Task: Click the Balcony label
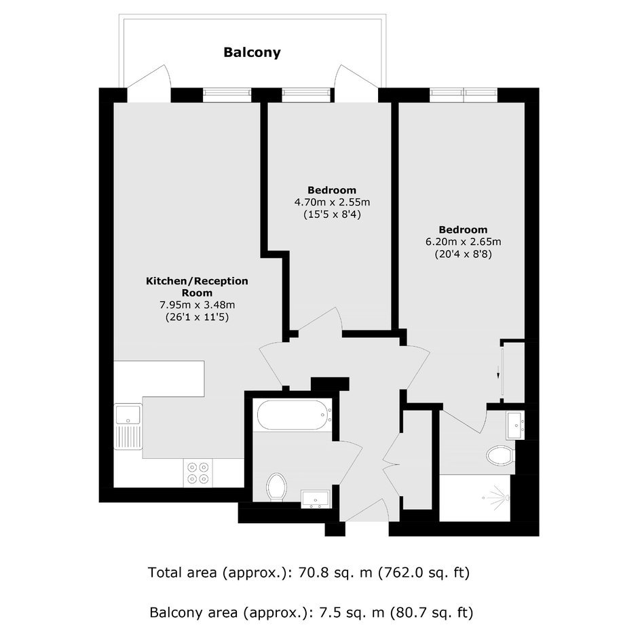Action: coord(252,52)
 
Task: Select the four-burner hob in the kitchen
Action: coord(198,473)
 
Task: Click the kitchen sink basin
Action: coord(128,414)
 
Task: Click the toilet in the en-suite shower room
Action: coord(501,455)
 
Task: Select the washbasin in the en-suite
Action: coord(515,425)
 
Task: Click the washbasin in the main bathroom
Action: coord(316,500)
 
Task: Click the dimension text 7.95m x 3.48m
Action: coord(198,305)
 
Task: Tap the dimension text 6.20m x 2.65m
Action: coord(464,242)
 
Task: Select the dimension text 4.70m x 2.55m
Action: coord(332,202)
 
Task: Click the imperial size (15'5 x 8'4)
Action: coord(332,214)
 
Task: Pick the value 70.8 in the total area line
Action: coord(311,573)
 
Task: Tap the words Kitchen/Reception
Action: coord(197,281)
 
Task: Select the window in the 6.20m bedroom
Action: coord(464,95)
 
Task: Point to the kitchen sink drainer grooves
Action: coord(128,437)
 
